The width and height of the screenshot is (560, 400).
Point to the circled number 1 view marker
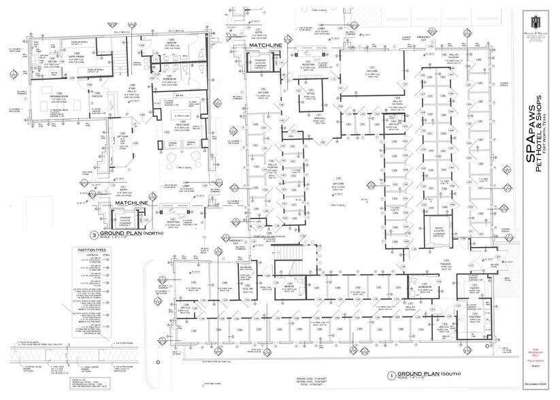pos(391,375)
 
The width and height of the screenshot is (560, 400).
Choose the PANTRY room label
pos(474,288)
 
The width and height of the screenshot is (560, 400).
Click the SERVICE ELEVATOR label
pos(438,231)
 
